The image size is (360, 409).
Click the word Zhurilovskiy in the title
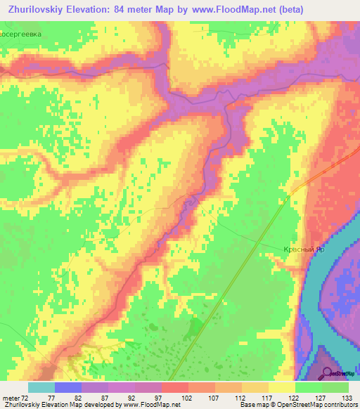(x=38, y=9)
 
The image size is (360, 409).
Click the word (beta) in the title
(x=336, y=9)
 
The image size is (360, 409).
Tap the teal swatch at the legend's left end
(x=41, y=387)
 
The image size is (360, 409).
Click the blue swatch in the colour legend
(x=67, y=387)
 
